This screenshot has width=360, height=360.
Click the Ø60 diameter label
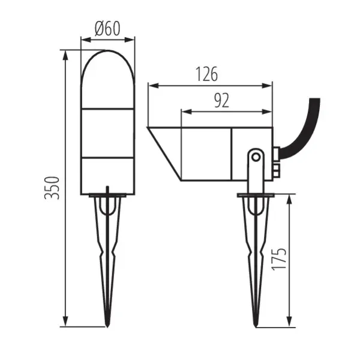[x=108, y=28]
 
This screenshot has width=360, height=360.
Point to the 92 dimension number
[x=221, y=100]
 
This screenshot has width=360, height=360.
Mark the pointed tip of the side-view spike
[x=255, y=324]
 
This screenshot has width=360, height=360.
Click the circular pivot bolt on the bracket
[x=256, y=157]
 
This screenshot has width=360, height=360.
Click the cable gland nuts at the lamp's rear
[x=276, y=162]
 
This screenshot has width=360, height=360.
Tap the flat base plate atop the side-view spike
[x=256, y=195]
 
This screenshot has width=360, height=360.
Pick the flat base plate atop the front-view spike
[x=108, y=195]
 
